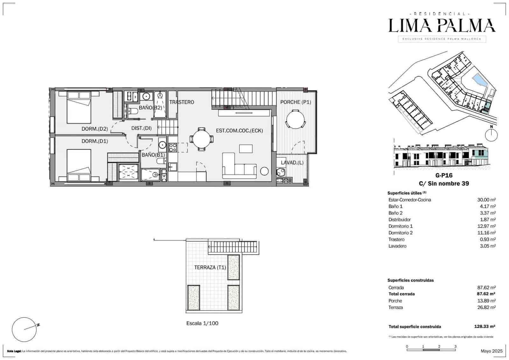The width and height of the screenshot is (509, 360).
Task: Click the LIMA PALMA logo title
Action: click(x=442, y=26)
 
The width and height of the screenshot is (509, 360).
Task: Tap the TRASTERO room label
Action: click(x=182, y=102)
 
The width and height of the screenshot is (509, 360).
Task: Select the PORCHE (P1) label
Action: click(x=296, y=102)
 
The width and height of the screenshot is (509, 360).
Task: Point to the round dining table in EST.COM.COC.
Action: click(x=202, y=139)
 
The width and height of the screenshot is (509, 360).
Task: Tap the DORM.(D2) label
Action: click(x=95, y=129)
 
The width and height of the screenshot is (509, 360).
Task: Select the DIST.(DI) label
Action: click(x=141, y=128)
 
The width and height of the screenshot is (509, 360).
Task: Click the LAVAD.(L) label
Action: click(x=292, y=163)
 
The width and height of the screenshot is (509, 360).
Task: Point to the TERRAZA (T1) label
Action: click(x=210, y=267)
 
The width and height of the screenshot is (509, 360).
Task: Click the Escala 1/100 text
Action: click(x=202, y=323)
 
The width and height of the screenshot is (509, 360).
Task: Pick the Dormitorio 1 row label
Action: click(x=401, y=226)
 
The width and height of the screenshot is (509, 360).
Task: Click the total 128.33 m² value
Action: click(x=485, y=327)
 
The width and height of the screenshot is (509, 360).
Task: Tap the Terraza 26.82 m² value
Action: click(x=486, y=307)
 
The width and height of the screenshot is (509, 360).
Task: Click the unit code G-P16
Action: click(x=444, y=175)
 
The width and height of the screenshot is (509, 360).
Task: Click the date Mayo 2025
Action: click(x=492, y=351)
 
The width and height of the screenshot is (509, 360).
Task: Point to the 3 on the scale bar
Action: click(x=455, y=347)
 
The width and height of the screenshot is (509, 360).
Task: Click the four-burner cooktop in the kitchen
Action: click(x=173, y=148)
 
